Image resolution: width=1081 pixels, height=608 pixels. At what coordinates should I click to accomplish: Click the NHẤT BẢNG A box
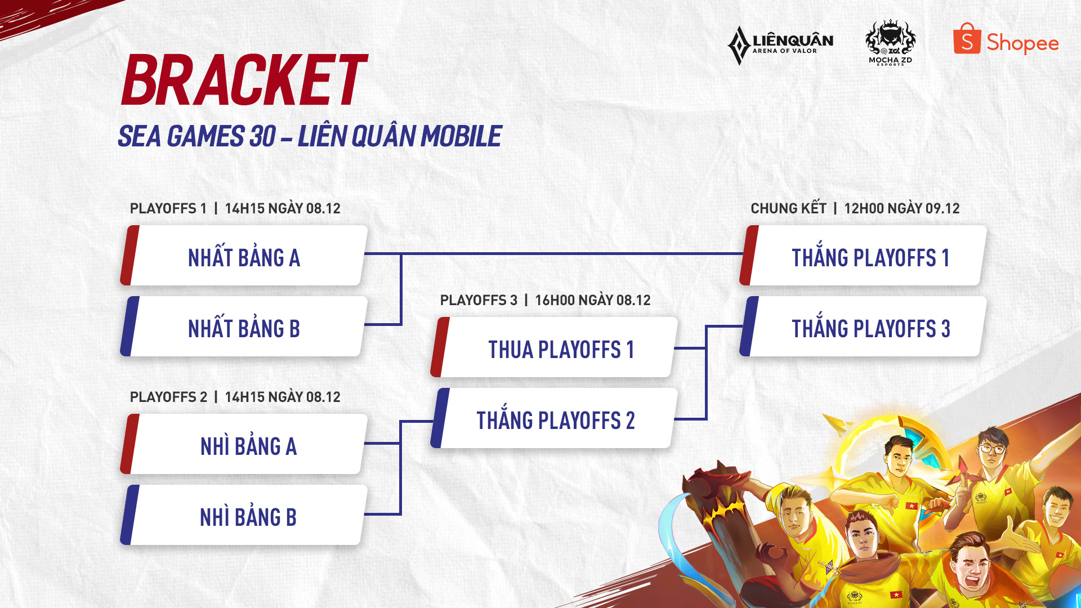(244, 256)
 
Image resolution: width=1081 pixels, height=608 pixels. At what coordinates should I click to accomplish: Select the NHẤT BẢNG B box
(244, 327)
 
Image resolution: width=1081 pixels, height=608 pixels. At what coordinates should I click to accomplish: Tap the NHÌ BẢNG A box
(244, 444)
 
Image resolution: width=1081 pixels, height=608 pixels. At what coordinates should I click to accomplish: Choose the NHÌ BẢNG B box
(244, 515)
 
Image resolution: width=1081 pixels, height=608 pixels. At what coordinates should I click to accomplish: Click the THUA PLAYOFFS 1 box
(554, 347)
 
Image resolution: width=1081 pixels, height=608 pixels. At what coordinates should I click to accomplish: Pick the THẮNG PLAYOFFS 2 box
(554, 418)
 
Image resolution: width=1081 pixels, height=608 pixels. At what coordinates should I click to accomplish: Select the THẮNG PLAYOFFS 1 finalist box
(863, 256)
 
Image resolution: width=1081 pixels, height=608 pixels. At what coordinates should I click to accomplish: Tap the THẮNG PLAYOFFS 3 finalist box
(863, 327)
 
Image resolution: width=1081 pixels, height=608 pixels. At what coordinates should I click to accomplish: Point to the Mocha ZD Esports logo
(890, 43)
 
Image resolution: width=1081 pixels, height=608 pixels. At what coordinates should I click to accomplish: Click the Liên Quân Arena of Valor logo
(780, 45)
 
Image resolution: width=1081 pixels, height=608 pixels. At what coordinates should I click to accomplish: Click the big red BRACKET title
(244, 80)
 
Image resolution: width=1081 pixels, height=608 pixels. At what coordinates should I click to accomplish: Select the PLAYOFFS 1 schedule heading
(235, 208)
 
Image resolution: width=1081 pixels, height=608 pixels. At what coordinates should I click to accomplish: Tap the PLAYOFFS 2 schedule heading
(235, 397)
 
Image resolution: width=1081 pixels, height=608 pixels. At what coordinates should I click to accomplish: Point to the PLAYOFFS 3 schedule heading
(545, 300)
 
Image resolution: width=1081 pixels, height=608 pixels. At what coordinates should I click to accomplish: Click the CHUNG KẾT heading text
(788, 208)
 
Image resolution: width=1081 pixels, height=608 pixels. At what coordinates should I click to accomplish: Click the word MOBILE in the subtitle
(461, 137)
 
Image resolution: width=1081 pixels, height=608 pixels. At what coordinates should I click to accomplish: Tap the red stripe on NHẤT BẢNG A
(129, 256)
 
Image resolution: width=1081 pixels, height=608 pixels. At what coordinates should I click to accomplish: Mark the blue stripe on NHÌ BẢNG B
(129, 515)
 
